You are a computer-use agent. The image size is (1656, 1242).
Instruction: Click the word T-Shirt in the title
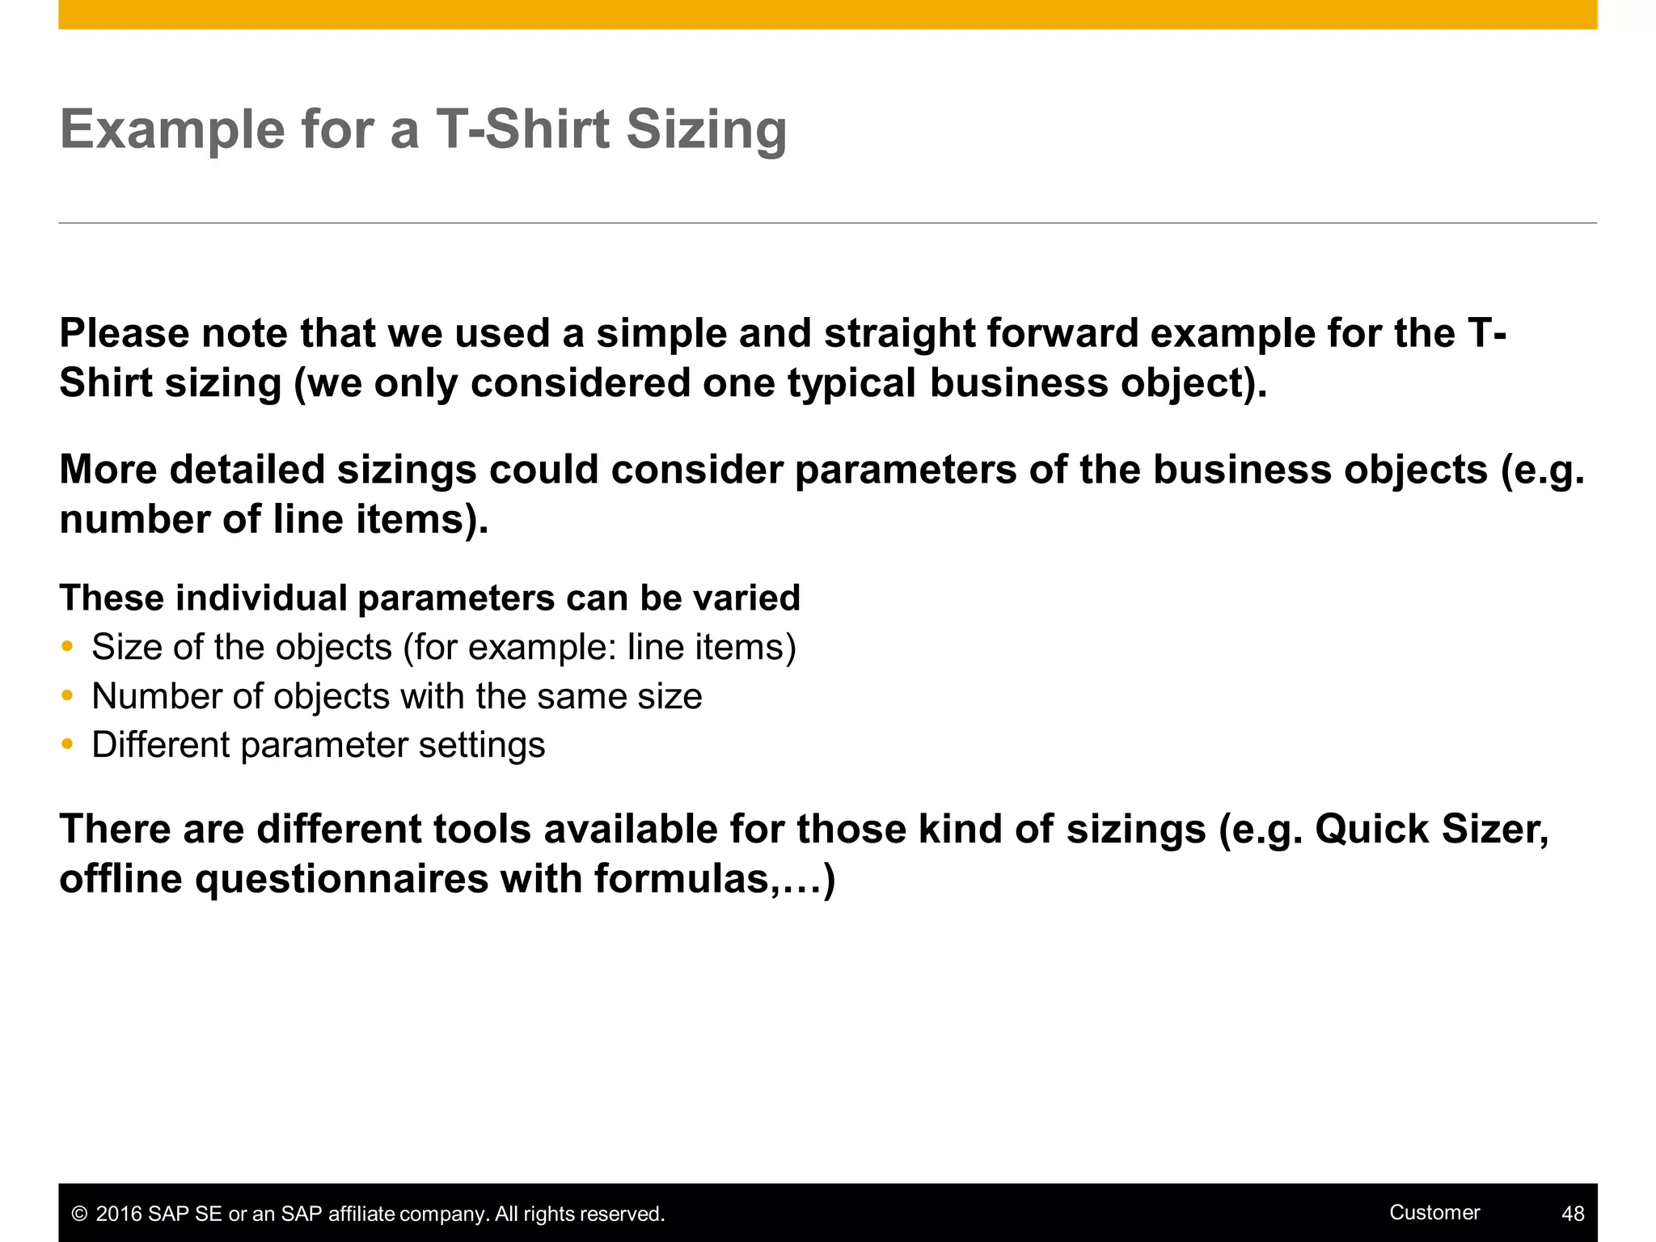pyautogui.click(x=522, y=129)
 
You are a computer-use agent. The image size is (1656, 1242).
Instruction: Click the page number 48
pyautogui.click(x=1573, y=1214)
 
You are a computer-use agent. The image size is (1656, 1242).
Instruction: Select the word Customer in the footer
pyautogui.click(x=1434, y=1212)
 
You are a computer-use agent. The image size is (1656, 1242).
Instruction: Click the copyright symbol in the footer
pyautogui.click(x=79, y=1214)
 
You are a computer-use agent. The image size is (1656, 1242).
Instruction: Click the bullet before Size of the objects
pyautogui.click(x=68, y=647)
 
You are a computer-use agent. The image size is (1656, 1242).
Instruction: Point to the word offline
pyautogui.click(x=121, y=878)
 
